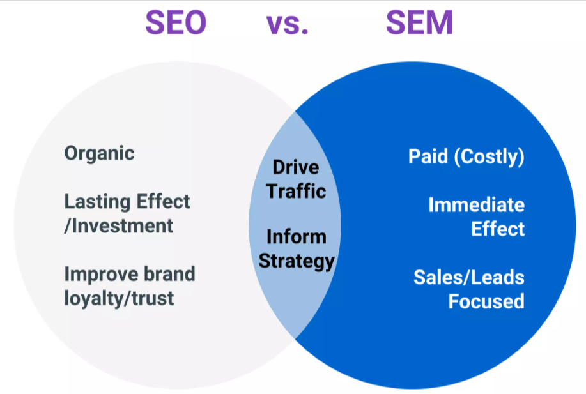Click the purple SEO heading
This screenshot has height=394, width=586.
tap(176, 22)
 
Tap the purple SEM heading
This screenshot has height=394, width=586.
tap(419, 22)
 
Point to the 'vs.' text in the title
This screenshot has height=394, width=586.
tap(288, 24)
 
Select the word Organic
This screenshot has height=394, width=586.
tap(100, 153)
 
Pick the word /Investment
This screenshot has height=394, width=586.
tap(119, 226)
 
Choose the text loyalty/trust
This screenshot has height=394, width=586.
tap(120, 298)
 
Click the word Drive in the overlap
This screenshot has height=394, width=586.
tap(296, 167)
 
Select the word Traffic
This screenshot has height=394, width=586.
tap(296, 191)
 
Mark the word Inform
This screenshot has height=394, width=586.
tap(297, 237)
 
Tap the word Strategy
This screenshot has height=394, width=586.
tap(297, 261)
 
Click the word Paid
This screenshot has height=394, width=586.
tap(428, 156)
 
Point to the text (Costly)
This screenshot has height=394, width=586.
tap(490, 156)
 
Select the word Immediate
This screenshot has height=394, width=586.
tap(477, 204)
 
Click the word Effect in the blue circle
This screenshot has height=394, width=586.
tap(498, 229)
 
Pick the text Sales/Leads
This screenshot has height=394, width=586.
tap(469, 278)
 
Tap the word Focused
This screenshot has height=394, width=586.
tap(486, 301)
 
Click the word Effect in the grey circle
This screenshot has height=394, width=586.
tap(163, 202)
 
